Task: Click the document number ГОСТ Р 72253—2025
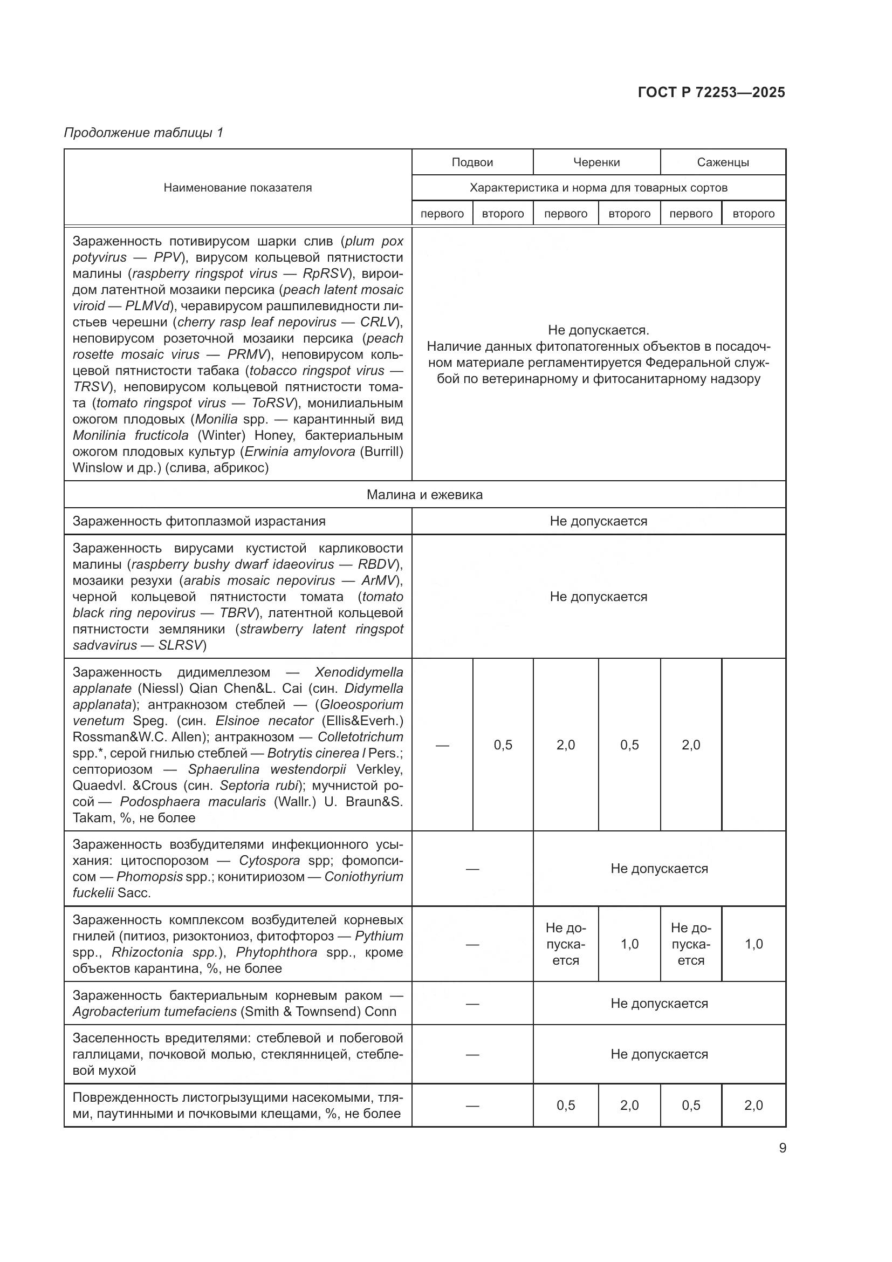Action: (711, 92)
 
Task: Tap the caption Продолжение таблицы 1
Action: (144, 133)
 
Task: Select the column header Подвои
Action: (472, 162)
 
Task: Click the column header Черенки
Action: (596, 162)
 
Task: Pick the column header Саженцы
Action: (722, 162)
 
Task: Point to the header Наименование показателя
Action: (237, 187)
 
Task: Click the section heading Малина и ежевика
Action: (424, 494)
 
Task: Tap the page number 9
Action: (782, 1148)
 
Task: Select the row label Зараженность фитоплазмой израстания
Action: (199, 521)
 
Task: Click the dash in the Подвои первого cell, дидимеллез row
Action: (442, 745)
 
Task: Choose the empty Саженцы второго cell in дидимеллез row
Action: (753, 745)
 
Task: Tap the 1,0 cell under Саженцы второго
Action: (753, 944)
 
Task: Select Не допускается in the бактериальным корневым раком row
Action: (658, 1003)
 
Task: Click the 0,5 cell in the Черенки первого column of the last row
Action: (565, 1105)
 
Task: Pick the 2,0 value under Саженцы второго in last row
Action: (753, 1105)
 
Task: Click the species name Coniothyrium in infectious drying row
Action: (363, 876)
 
